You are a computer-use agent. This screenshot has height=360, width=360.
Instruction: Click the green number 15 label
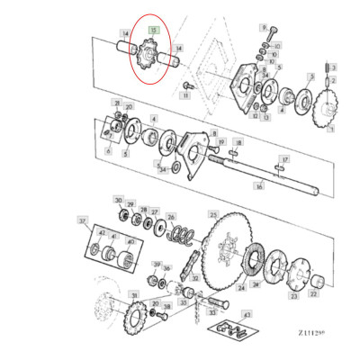coord(154,30)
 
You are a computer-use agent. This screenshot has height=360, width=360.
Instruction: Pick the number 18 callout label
coord(237,142)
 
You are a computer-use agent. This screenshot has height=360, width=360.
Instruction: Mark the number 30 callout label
coord(117,199)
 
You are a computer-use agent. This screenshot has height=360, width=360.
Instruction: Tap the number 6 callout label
coord(108,152)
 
